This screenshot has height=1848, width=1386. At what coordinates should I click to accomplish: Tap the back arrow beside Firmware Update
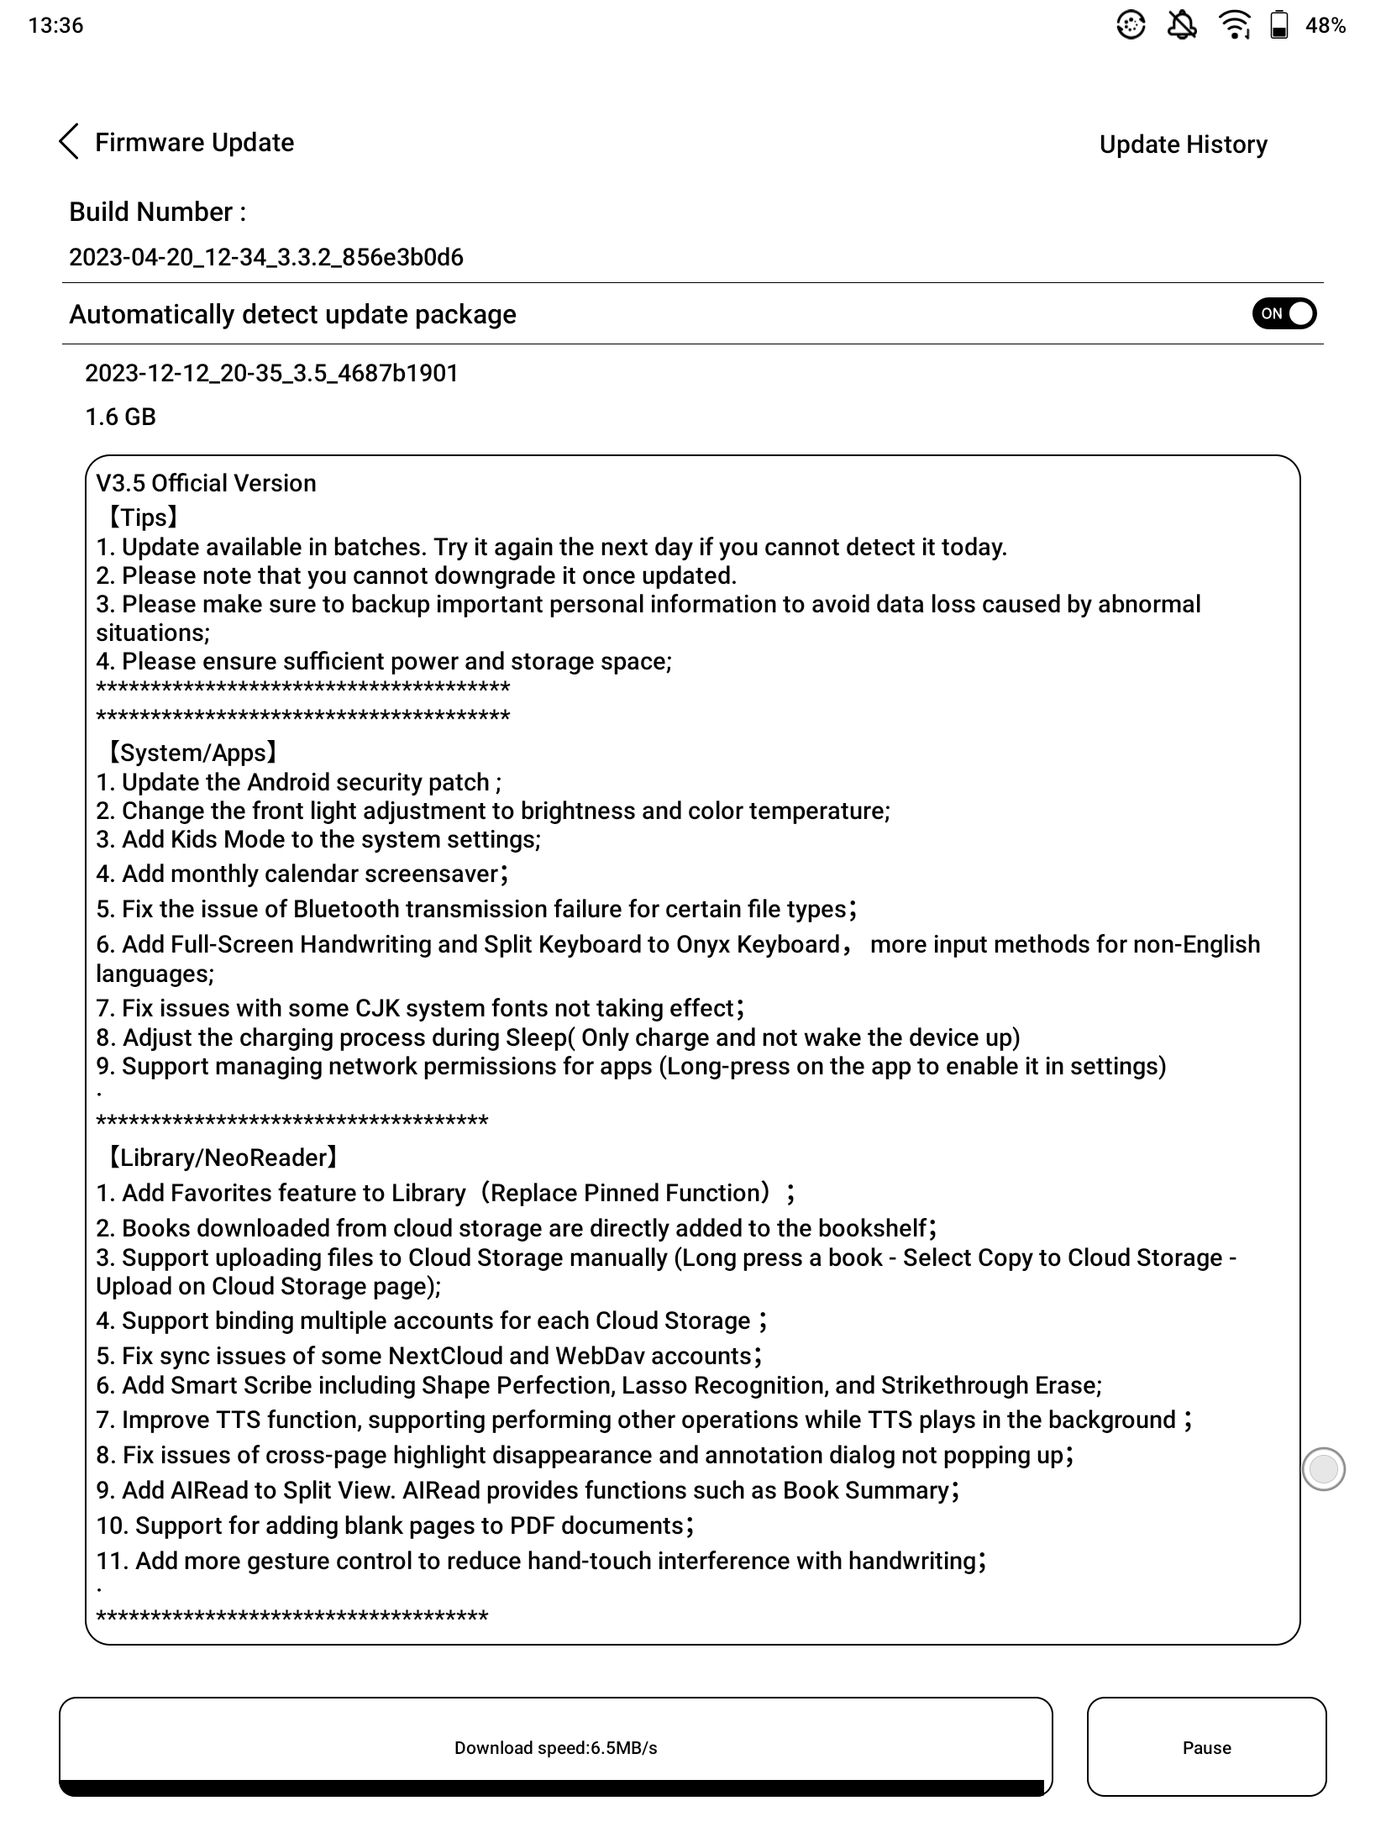pos(70,142)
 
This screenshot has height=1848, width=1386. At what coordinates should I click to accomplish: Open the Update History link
pos(1183,144)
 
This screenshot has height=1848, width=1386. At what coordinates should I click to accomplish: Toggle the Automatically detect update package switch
pos(1284,314)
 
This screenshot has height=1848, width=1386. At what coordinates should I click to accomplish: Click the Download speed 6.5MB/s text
pos(555,1748)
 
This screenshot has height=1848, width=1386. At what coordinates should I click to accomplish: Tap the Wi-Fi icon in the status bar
pos(1234,25)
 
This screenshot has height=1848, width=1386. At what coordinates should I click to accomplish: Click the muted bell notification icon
pos(1183,25)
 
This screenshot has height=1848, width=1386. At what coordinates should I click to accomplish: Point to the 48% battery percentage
pos(1326,26)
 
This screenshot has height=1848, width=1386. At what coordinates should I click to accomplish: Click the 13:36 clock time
pos(55,25)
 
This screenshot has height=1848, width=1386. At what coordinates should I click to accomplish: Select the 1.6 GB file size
pos(121,417)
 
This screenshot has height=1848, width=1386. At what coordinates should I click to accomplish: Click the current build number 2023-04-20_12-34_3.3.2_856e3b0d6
pos(266,257)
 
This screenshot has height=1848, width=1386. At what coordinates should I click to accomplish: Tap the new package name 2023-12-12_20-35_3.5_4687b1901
pos(272,373)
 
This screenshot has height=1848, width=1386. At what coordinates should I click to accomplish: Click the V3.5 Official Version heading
pos(207,483)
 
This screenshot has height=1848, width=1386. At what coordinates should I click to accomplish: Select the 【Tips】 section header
pos(141,517)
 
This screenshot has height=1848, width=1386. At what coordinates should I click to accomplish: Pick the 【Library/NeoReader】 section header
pos(221,1158)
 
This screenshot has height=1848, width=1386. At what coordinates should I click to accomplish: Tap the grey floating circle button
pos(1323,1469)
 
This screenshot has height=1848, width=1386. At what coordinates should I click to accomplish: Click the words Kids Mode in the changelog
pos(228,839)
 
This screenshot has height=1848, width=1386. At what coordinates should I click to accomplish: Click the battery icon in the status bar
pos(1278,25)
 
